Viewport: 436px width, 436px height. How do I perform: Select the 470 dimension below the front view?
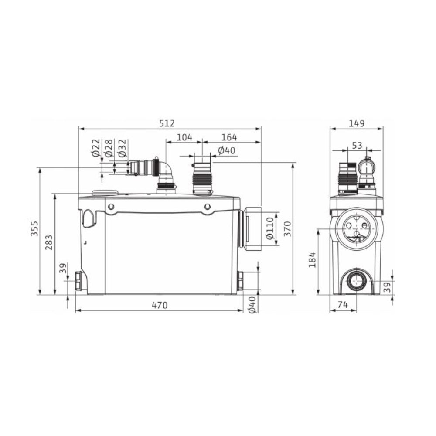point(160,305)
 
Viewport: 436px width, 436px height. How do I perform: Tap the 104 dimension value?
point(184,137)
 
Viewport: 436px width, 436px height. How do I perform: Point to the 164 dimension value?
point(229,137)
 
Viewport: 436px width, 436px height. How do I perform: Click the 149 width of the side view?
point(357,123)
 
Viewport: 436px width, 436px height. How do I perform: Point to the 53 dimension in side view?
point(357,145)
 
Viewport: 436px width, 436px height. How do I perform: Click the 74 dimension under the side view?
point(343,305)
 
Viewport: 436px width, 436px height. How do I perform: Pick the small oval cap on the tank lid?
point(105,193)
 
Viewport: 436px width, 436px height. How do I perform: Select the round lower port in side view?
point(357,281)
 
